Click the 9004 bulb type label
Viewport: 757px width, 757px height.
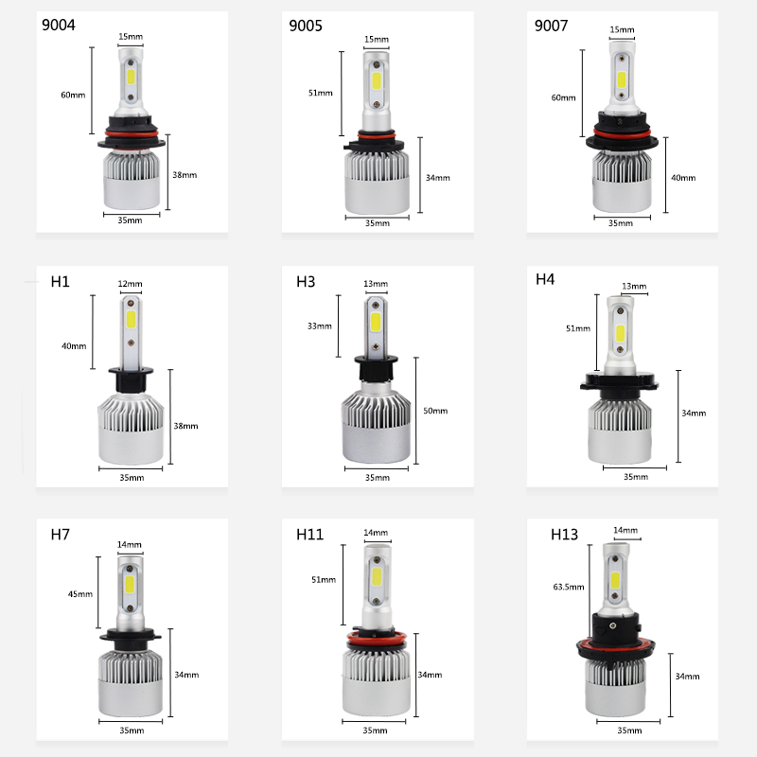tap(59, 26)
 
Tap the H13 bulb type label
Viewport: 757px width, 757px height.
tap(564, 535)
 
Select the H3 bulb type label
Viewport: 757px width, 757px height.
tap(306, 281)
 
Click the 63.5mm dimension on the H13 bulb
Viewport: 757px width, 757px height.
tap(569, 587)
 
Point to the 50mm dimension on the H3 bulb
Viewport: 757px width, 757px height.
tap(435, 411)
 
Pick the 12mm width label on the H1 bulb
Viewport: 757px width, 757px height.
tap(130, 284)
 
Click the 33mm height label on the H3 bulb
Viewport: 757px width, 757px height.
tap(320, 326)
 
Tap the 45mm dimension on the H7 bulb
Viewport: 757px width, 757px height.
tap(80, 594)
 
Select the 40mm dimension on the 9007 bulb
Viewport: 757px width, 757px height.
tap(683, 178)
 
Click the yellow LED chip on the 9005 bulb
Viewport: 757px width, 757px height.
tap(377, 81)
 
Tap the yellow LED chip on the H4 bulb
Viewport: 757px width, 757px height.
tap(621, 333)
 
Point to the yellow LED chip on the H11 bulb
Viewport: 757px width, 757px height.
tap(377, 576)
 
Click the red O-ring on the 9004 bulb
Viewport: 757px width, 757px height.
tap(132, 132)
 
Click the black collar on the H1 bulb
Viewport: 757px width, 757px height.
tap(131, 380)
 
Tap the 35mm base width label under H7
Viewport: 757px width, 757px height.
tap(132, 731)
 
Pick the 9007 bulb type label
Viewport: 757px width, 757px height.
tap(551, 26)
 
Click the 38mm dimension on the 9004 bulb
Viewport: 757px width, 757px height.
tap(185, 175)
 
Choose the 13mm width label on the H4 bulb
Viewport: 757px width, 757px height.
tap(634, 287)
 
